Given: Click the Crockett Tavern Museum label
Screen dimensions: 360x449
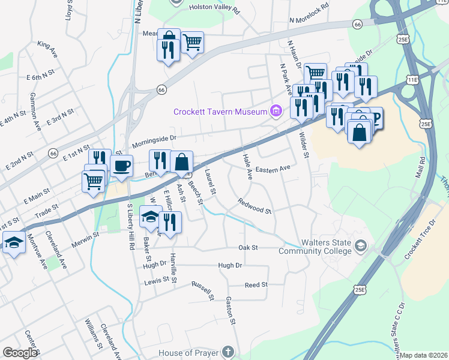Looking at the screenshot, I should (x=220, y=112).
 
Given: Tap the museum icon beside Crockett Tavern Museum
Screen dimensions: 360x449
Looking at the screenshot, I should (x=276, y=111).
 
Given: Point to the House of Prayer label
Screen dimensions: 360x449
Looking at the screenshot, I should (x=188, y=352).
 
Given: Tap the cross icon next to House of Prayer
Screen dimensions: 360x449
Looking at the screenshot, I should (x=227, y=352).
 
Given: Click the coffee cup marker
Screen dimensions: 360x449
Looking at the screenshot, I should (x=121, y=166).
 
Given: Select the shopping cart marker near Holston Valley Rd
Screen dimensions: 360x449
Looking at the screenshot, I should (x=192, y=42).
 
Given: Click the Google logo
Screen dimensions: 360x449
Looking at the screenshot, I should (x=20, y=352).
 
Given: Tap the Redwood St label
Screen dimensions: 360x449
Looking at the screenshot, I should (x=255, y=206).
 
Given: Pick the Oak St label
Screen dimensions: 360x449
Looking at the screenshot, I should (x=247, y=247).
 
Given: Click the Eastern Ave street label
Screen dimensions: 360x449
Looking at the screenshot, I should (x=272, y=170).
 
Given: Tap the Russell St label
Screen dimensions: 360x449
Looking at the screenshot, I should (x=202, y=290).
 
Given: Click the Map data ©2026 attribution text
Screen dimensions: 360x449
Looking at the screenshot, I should (x=424, y=355).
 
